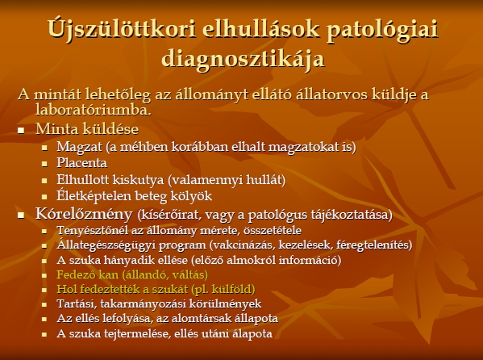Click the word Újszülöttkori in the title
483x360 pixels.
122,29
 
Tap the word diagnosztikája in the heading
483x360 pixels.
243,59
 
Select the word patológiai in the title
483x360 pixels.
382,30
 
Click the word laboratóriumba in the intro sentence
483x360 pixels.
93,110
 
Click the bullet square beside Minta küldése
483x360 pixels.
21,130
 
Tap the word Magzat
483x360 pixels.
79,147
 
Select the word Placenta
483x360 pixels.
81,163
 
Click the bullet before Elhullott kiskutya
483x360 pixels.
44,181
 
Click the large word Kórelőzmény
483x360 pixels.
84,213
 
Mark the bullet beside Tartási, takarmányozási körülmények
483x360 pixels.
44,304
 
